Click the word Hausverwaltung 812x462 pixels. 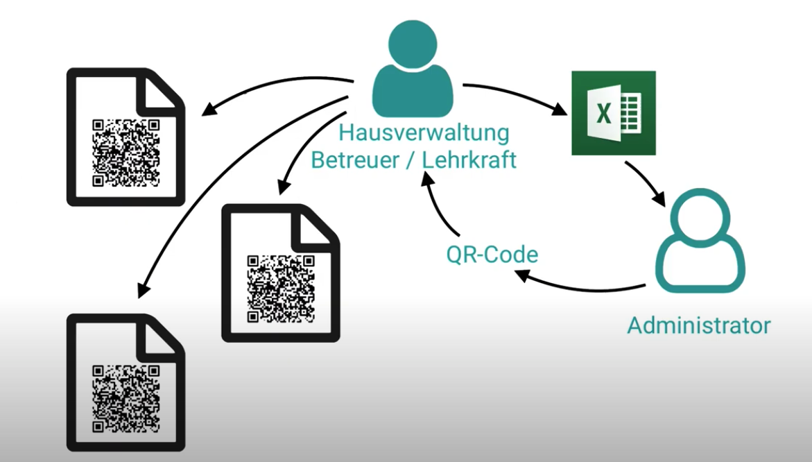(x=423, y=132)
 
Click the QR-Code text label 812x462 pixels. (x=492, y=255)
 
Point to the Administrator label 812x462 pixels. (x=698, y=325)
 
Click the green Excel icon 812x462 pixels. (x=613, y=112)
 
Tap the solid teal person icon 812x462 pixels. (x=413, y=69)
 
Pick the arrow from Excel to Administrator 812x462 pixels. (x=645, y=182)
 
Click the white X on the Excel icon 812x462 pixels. (x=603, y=113)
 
